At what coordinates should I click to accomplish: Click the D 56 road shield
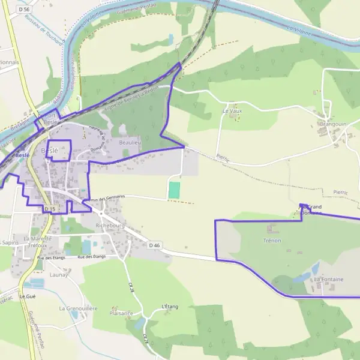tap(24, 10)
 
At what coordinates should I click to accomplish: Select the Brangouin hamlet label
tap(334, 124)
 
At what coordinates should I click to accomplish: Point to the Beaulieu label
tap(130, 143)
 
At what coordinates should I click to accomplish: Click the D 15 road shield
tap(50, 209)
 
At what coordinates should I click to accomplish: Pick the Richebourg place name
tap(110, 225)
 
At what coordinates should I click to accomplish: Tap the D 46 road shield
tap(155, 245)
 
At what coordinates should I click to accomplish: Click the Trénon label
tap(272, 241)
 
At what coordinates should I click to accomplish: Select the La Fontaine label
tap(328, 280)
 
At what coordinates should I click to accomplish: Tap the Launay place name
tap(59, 274)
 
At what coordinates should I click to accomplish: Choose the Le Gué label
tap(28, 296)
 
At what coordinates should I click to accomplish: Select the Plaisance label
tap(121, 313)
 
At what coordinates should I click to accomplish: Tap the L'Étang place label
tap(171, 307)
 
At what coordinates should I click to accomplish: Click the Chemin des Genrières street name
tap(104, 197)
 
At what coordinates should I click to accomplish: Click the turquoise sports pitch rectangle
tap(174, 190)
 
